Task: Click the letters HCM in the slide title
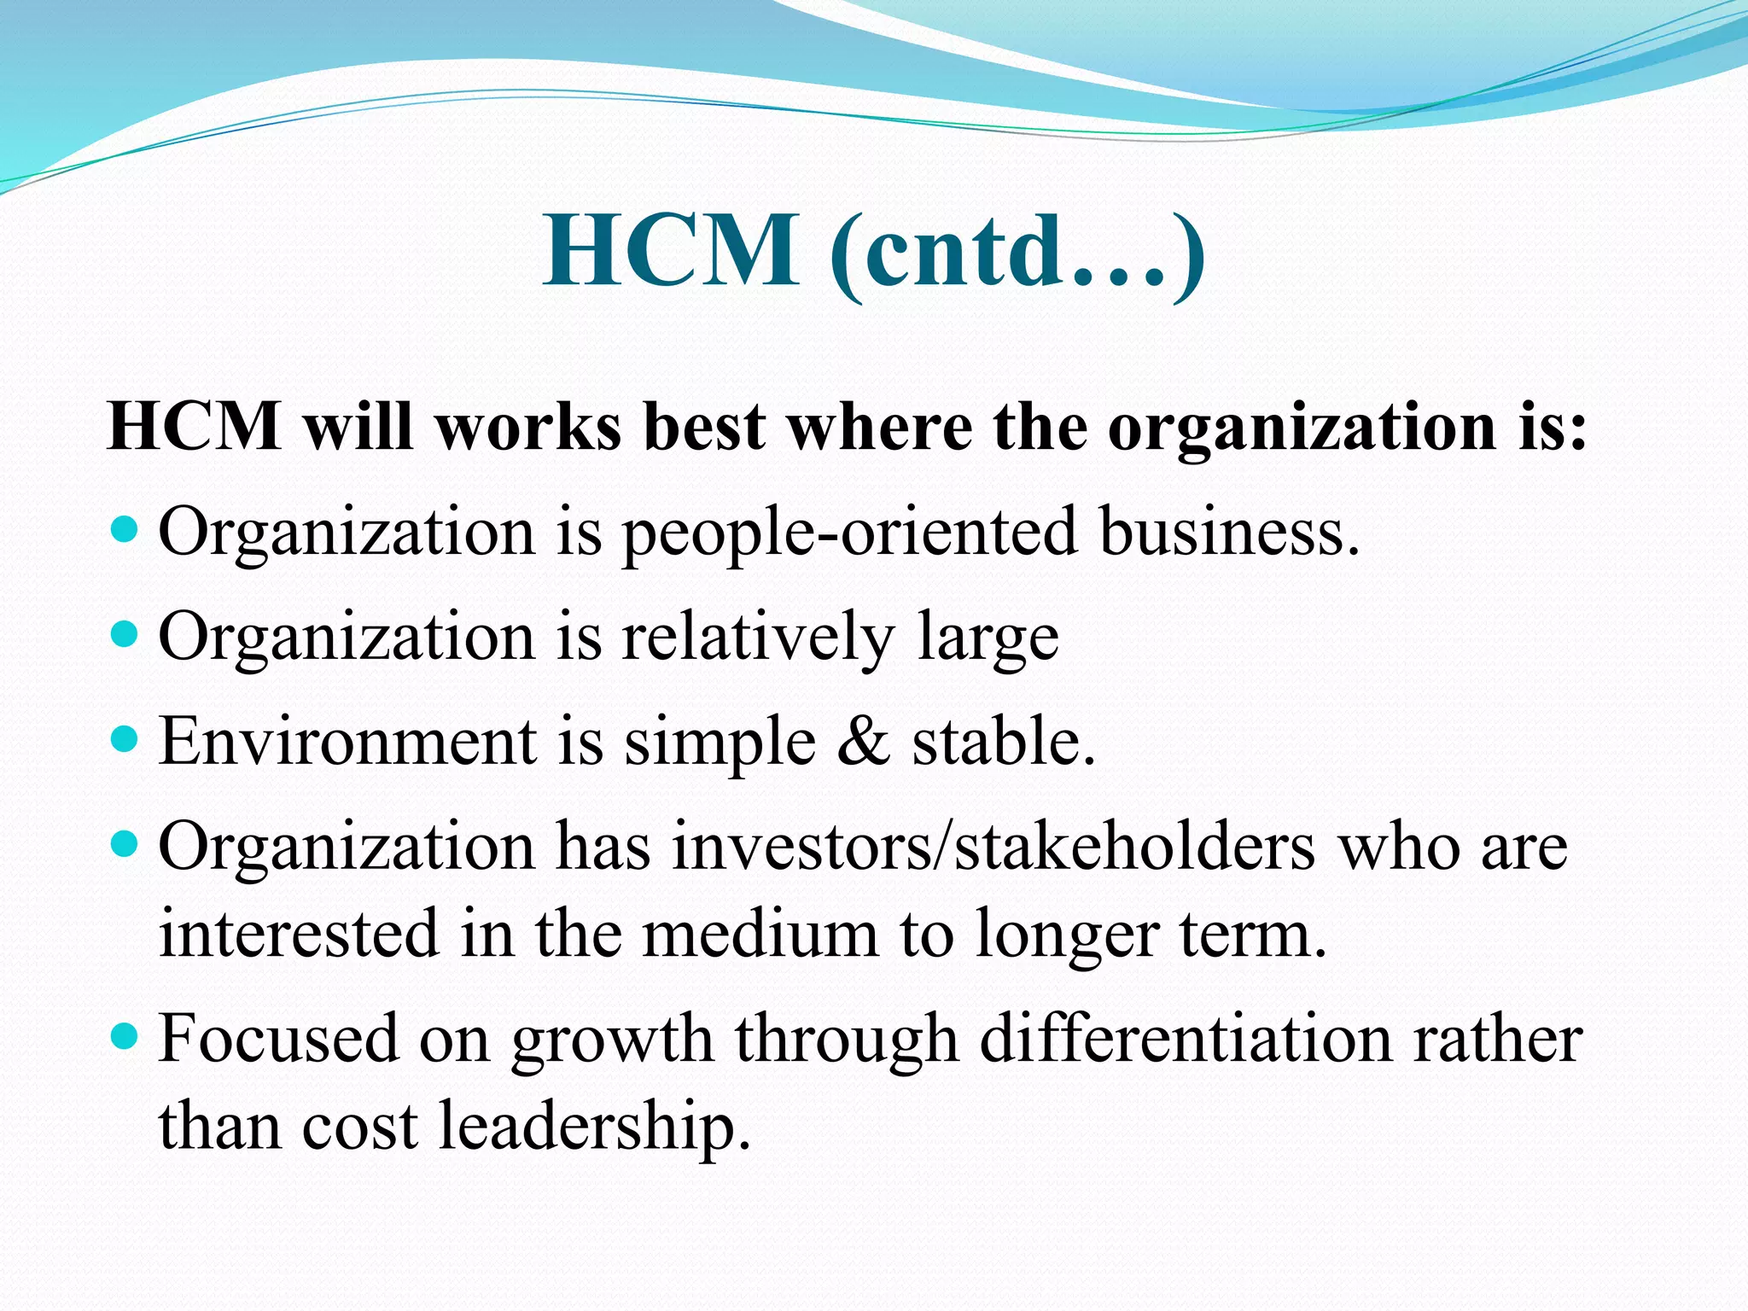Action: pyautogui.click(x=671, y=252)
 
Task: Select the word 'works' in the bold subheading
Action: pyautogui.click(x=528, y=426)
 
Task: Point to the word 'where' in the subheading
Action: pyautogui.click(x=880, y=426)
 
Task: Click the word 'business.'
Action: pyautogui.click(x=1229, y=531)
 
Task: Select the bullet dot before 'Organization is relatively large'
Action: pyautogui.click(x=125, y=635)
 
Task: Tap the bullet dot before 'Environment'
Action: pyautogui.click(x=125, y=739)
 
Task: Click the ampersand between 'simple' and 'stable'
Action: pyautogui.click(x=864, y=741)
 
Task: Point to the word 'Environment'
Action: pyautogui.click(x=348, y=741)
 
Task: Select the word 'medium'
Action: pyautogui.click(x=760, y=934)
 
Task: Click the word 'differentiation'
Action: pyautogui.click(x=1186, y=1039)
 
